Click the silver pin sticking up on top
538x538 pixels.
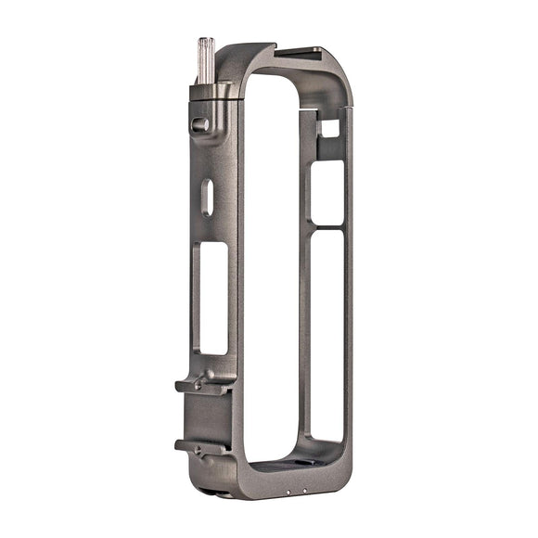pos(206,58)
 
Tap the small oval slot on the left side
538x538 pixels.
pos(208,197)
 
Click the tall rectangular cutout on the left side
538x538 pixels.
pos(213,297)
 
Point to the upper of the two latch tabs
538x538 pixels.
pos(200,385)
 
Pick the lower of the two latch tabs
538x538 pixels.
pos(199,446)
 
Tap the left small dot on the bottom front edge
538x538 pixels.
pos(289,491)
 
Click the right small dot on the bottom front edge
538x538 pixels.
pos(303,491)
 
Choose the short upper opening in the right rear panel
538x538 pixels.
pos(327,193)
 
